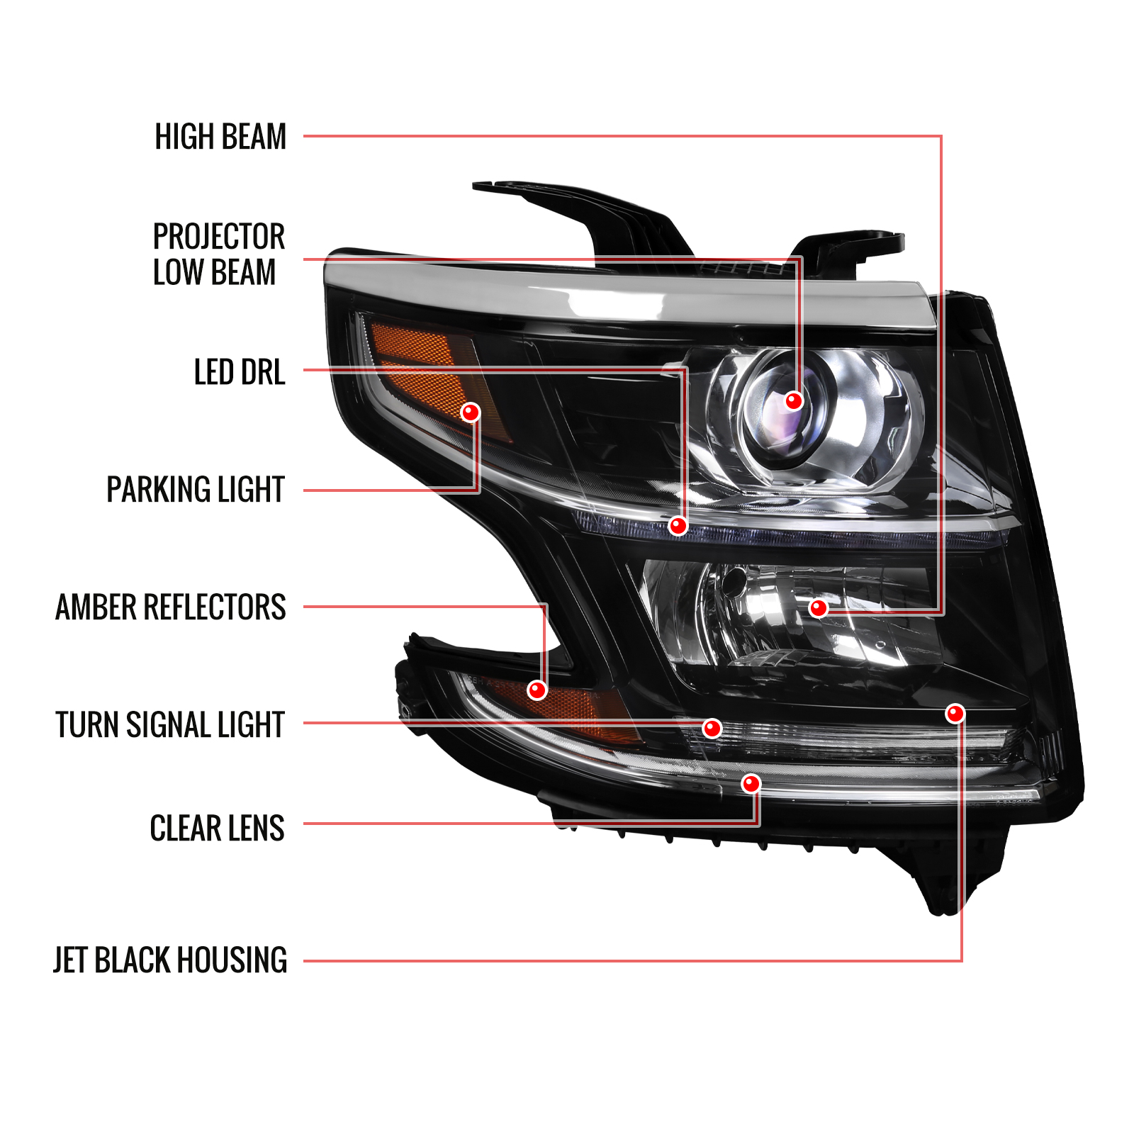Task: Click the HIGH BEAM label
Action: [220, 137]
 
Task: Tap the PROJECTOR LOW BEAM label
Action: [218, 254]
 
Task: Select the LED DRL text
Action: [240, 372]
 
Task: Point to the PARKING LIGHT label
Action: [196, 490]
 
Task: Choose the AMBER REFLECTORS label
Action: [171, 607]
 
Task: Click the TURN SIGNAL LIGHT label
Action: [170, 725]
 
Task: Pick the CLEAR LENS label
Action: [217, 828]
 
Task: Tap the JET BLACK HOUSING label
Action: [170, 960]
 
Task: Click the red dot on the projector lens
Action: [794, 401]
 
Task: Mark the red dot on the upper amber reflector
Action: [471, 412]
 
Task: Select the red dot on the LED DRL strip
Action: [678, 526]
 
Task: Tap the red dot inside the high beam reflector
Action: [819, 608]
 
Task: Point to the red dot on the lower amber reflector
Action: [537, 690]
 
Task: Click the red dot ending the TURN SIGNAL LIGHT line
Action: [712, 728]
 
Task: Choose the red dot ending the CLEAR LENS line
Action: [751, 784]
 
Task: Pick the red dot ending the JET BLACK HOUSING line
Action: [955, 714]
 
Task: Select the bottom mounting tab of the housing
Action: [950, 879]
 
